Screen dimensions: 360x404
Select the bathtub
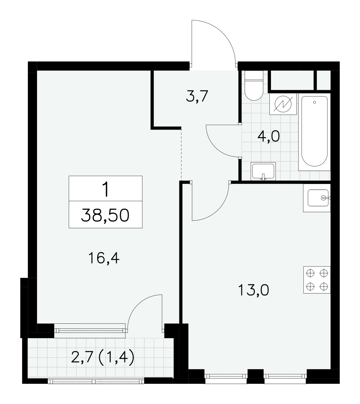[314, 132]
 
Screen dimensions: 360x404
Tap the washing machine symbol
[283, 104]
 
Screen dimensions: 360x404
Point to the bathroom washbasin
[263, 171]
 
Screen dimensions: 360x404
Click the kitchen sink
[317, 198]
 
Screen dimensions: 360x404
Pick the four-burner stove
[317, 280]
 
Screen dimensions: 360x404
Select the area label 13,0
[253, 290]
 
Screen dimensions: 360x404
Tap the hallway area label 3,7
[197, 96]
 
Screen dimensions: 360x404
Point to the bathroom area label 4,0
[268, 136]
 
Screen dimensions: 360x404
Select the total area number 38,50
[105, 215]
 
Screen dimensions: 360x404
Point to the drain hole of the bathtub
[314, 102]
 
